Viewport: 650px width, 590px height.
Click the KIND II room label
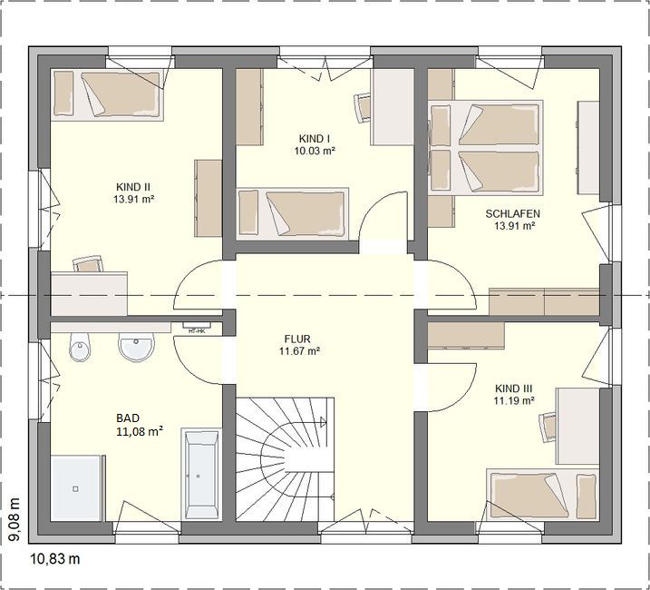133,186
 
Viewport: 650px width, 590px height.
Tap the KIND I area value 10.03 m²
315,151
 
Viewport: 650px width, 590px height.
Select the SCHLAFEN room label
513,214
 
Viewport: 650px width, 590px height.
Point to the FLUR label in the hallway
297,339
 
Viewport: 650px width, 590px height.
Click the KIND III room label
514,388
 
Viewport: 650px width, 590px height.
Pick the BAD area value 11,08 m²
140,432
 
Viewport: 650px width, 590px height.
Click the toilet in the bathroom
79,347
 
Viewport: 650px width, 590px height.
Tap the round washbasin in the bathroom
137,346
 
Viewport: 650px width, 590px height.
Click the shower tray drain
75,489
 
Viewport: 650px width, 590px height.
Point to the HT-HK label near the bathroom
197,331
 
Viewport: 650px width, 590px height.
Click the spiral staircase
285,459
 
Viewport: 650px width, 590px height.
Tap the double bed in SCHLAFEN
485,147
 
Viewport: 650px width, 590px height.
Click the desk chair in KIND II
87,264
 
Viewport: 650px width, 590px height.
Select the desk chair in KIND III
548,428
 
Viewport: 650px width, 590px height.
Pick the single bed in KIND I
292,214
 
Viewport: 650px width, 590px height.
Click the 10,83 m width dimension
55,559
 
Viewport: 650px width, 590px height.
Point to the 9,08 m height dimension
15,519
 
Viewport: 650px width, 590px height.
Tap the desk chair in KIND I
362,107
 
